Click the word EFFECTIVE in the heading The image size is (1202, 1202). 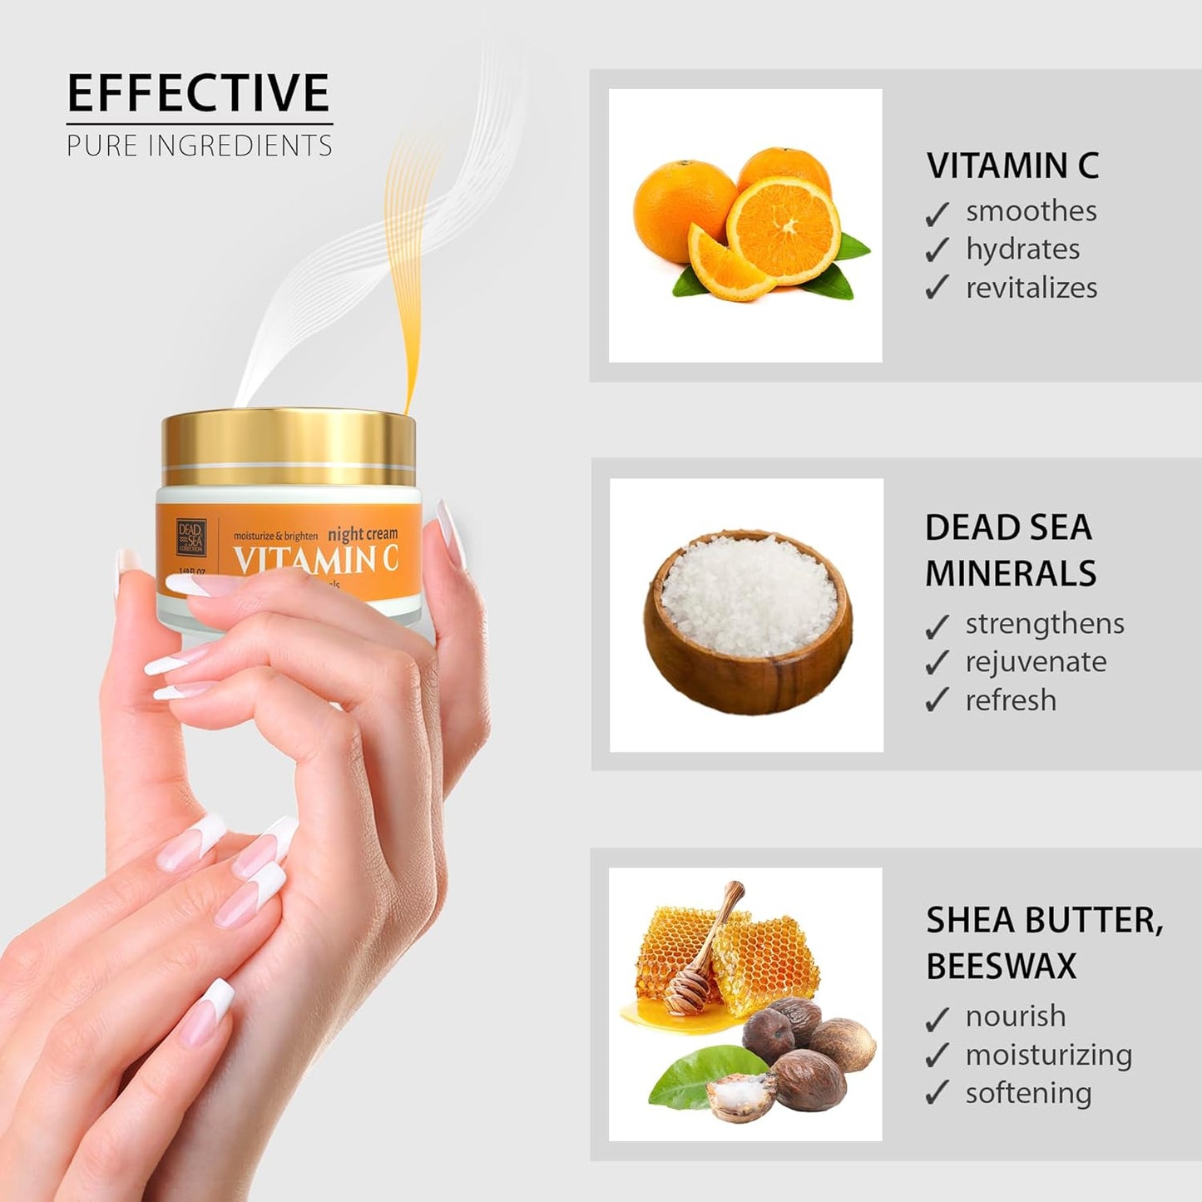pos(198,93)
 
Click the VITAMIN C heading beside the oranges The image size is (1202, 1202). pos(1012,166)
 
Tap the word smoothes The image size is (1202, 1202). pos(1031,211)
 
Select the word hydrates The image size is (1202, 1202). pos(1022,250)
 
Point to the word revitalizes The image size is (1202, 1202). pos(1031,288)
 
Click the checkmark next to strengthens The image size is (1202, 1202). pos(937,626)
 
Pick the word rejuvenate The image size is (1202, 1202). pos(1036,662)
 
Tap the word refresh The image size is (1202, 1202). pos(1011,700)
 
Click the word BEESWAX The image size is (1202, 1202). pos(1001,966)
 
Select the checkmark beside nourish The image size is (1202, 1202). pos(937,1018)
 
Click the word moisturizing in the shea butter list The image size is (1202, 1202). pos(1048,1055)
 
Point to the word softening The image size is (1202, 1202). pos(1028,1093)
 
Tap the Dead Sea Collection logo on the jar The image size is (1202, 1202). pos(190,537)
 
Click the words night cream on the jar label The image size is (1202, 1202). pos(363,534)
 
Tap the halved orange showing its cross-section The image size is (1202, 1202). pos(784,225)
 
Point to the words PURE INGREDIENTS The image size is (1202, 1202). pos(200,146)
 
